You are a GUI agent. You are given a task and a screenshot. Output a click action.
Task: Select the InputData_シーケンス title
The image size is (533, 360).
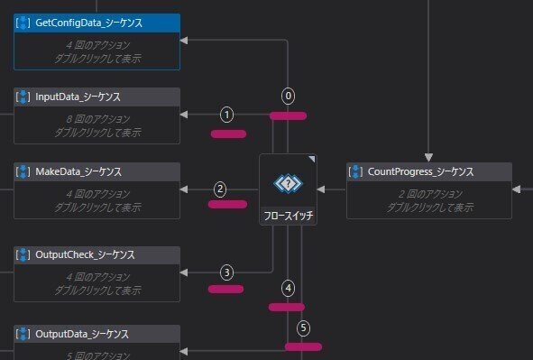78,97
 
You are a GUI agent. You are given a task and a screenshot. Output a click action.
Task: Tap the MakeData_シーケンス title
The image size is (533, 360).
78,171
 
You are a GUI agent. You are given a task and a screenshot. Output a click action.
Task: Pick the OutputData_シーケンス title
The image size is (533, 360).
82,334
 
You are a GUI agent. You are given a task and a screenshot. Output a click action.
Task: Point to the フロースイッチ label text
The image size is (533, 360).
289,217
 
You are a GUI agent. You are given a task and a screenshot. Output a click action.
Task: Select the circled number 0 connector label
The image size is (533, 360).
289,96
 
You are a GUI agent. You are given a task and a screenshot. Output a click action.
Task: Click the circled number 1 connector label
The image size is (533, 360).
226,115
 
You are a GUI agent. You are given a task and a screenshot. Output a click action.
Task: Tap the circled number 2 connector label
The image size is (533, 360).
220,189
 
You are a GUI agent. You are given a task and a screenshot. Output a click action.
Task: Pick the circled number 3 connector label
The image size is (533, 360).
227,272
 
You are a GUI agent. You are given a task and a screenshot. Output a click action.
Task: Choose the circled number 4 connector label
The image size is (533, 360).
288,289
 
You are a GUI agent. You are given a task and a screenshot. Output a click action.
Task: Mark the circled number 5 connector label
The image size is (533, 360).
303,328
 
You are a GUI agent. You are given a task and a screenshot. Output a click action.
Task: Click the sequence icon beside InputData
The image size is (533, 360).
24,97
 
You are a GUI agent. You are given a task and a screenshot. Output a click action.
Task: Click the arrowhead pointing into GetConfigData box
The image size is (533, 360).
184,40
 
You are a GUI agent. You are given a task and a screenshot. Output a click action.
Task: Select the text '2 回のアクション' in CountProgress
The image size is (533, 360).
428,193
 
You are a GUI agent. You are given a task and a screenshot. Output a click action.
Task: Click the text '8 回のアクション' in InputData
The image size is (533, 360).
96,117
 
